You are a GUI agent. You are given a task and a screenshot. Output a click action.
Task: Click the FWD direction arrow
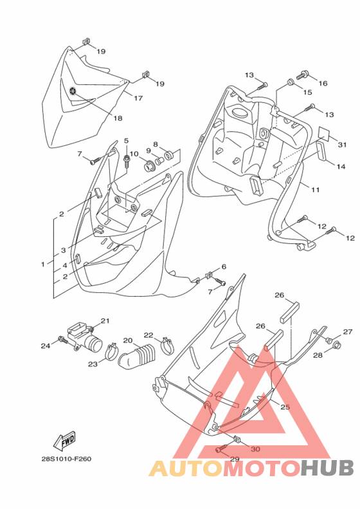coord(64,441)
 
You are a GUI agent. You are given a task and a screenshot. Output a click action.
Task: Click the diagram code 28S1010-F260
coord(66,459)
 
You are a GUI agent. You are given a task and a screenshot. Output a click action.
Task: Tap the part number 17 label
coord(138,98)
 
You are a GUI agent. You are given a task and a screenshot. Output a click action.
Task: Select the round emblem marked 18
coord(74,91)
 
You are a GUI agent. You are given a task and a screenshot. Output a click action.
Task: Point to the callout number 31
coord(342,145)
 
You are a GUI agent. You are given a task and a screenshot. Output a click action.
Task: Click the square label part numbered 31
coord(323,133)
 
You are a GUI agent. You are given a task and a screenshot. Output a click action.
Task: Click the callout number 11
coord(315,190)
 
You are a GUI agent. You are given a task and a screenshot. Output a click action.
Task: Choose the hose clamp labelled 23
coord(112,351)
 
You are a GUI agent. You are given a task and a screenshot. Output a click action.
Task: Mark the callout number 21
coord(105,320)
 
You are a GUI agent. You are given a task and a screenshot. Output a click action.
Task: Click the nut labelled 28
coord(336,346)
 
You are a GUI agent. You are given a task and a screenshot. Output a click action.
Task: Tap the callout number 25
coord(285,407)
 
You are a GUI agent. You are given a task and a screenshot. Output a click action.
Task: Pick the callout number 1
coord(43,264)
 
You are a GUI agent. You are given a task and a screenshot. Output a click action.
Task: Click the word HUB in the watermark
coord(327,468)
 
